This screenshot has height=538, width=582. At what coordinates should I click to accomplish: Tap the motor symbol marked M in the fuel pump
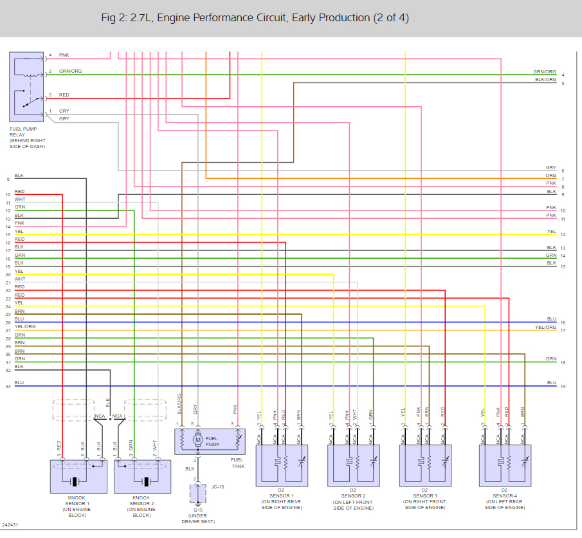tap(198, 440)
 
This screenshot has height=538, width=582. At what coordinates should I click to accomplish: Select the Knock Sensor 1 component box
tap(78, 476)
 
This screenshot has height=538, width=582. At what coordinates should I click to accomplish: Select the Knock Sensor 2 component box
tap(142, 476)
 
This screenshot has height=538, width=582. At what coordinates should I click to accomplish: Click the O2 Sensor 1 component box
tap(282, 465)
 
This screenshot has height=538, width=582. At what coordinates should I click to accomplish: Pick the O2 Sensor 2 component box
tap(353, 465)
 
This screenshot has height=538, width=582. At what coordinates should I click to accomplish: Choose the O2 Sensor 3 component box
tap(424, 465)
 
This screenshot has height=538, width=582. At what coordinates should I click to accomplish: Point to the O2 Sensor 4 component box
tap(505, 465)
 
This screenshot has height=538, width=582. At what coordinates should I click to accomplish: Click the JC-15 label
tap(219, 487)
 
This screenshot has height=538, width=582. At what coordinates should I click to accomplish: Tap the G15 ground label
tap(197, 510)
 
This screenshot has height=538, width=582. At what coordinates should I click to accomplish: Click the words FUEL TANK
tap(237, 463)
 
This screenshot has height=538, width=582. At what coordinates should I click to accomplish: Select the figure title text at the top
tap(255, 17)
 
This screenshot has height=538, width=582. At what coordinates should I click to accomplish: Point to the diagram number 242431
tap(10, 525)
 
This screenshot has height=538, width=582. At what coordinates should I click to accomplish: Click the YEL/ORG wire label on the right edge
tap(545, 328)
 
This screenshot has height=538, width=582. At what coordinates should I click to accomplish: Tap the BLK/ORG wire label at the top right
tap(545, 80)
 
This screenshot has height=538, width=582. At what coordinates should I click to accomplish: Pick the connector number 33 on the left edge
tap(8, 386)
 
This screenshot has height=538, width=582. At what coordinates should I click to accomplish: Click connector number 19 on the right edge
tap(563, 386)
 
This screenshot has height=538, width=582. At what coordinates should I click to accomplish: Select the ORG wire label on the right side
tap(551, 176)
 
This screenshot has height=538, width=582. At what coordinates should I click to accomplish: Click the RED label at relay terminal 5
tap(64, 95)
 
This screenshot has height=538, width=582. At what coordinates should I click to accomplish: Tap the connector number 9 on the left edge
tap(8, 179)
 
